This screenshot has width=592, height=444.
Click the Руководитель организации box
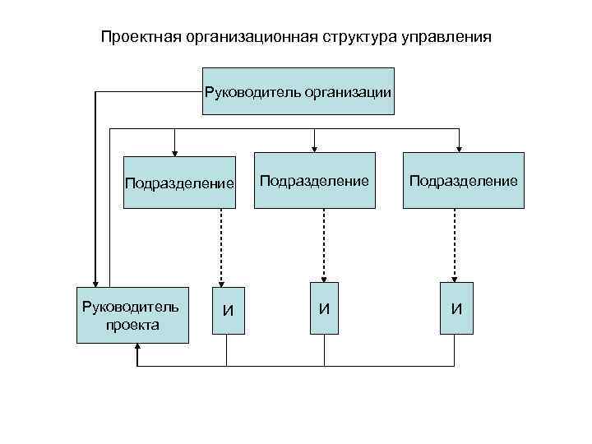(298, 91)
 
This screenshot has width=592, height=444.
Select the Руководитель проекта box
(132, 315)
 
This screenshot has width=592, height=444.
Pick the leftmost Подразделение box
(179, 181)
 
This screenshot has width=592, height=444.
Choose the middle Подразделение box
(315, 180)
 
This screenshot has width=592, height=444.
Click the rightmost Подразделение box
(463, 180)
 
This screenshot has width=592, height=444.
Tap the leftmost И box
(228, 310)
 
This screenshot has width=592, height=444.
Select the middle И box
(325, 308)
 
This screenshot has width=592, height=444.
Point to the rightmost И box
(456, 308)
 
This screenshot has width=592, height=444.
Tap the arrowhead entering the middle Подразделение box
(313, 148)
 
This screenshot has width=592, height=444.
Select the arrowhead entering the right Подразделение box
(459, 148)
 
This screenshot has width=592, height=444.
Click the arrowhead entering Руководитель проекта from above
(95, 281)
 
